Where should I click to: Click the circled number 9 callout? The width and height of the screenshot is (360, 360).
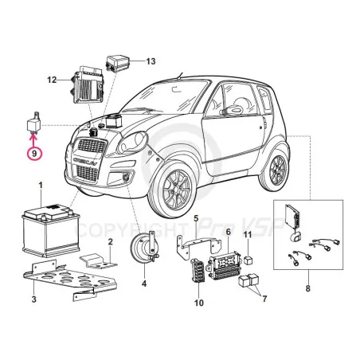(34, 153)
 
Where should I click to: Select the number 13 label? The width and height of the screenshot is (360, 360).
(151, 61)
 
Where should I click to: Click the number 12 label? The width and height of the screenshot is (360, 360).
(52, 80)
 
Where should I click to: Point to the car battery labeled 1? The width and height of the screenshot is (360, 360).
(51, 229)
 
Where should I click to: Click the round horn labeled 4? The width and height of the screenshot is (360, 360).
(145, 248)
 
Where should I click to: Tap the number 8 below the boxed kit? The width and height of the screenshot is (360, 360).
(307, 288)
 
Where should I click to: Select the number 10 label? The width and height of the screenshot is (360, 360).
(199, 303)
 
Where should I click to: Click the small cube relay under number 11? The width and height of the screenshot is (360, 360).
(248, 260)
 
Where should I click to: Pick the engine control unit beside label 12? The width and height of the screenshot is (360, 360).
(87, 84)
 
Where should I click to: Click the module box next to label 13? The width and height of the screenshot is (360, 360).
(118, 63)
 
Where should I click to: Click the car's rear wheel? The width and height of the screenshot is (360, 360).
(277, 170)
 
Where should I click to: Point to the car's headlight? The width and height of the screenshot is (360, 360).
(132, 143)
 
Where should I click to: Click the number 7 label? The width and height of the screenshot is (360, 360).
(264, 299)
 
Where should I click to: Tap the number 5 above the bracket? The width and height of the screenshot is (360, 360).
(196, 219)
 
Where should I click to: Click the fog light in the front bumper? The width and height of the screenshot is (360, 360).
(126, 176)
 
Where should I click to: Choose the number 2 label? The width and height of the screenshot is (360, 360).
(111, 241)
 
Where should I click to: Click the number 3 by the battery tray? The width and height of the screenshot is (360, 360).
(34, 299)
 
